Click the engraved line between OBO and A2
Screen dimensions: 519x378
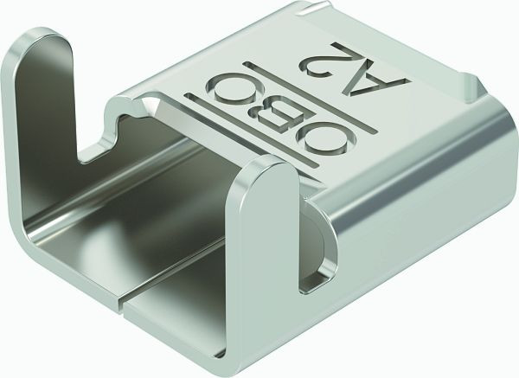click(310, 99)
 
